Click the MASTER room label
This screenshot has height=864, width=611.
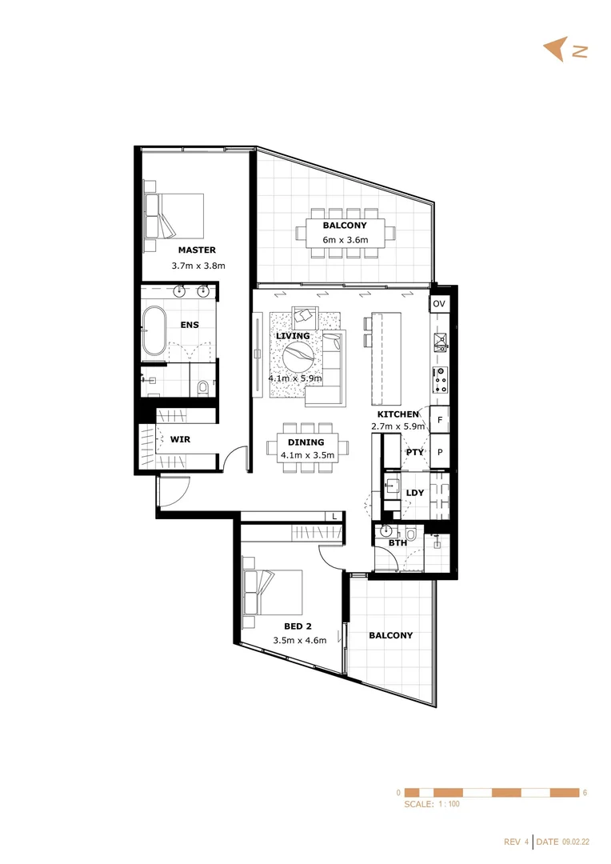(197, 250)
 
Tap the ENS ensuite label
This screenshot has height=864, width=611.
(190, 325)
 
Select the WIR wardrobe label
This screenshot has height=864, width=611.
(179, 439)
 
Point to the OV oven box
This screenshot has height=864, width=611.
(438, 305)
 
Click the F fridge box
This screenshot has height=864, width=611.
(439, 418)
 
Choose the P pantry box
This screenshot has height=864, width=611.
(439, 452)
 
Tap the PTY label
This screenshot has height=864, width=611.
(414, 452)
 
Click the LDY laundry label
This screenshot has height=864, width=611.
(415, 493)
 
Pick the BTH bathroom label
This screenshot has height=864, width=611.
(397, 543)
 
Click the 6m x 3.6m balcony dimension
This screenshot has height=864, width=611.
(345, 240)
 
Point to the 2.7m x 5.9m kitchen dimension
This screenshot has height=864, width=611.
(397, 426)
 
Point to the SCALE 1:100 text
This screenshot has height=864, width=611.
(432, 804)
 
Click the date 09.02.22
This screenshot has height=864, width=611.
(576, 842)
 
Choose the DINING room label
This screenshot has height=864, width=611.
(305, 442)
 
